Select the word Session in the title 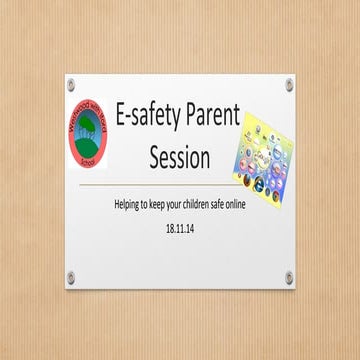(x=179, y=158)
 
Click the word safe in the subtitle (x=224, y=205)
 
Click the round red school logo (x=87, y=132)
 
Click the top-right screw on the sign (x=289, y=82)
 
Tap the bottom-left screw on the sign (x=72, y=276)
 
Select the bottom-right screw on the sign (x=289, y=276)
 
